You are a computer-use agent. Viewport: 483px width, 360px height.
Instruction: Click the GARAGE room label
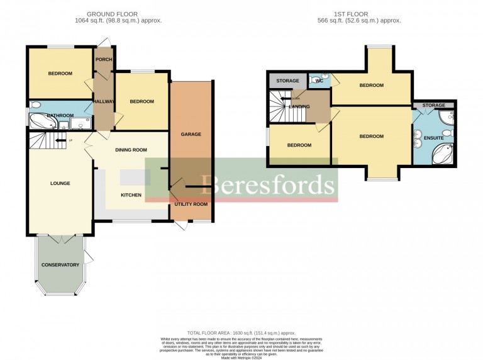(x=191, y=134)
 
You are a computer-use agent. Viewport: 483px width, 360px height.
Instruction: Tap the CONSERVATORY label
(x=60, y=265)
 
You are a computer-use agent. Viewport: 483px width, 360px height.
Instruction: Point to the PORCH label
(x=103, y=60)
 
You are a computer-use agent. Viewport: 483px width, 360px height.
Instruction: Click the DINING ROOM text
(x=131, y=150)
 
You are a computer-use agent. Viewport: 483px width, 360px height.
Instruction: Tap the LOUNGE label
(x=60, y=184)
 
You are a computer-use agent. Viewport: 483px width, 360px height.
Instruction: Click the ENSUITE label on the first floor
(x=434, y=138)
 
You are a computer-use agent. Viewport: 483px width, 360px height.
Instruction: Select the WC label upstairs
(x=319, y=81)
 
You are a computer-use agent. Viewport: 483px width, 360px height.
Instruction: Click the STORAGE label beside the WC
(x=287, y=81)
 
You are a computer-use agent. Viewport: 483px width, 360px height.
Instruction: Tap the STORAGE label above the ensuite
(x=434, y=105)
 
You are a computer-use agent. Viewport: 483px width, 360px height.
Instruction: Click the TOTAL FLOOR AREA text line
(x=241, y=333)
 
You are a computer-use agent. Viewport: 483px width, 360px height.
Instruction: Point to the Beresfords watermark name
(x=268, y=185)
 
